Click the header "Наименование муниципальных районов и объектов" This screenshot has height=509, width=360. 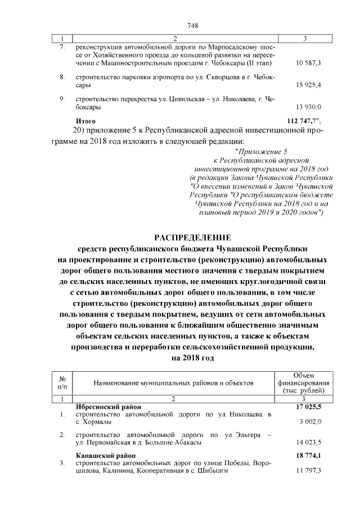[174, 382]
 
